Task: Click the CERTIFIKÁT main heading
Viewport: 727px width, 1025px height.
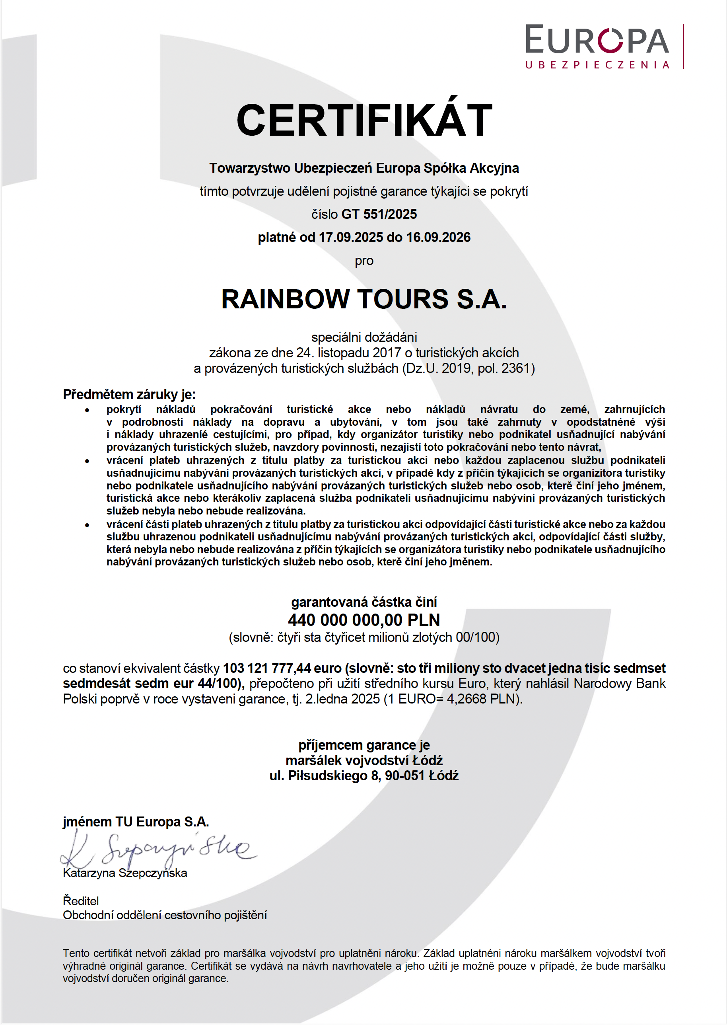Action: pos(364,121)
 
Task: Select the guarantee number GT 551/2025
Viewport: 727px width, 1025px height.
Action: pos(379,214)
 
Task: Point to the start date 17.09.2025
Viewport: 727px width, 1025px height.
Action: pos(350,237)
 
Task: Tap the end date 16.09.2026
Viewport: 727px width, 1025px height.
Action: pos(438,237)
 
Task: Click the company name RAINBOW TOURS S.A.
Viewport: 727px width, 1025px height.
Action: pos(364,299)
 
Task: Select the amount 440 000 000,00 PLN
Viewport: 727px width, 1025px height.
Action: pos(364,620)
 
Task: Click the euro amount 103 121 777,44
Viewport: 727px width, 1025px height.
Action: pos(267,668)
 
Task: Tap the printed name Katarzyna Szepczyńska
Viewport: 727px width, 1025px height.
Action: pos(125,873)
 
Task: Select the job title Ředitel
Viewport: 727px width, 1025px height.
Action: pos(81,900)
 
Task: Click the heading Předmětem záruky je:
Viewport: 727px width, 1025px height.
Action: pos(129,394)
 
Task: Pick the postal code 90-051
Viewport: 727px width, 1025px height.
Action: pos(405,776)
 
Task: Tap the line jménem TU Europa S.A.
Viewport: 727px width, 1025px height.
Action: pos(136,822)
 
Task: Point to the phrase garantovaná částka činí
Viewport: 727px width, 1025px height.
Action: pos(364,602)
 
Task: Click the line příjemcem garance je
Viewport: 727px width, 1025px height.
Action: pos(364,745)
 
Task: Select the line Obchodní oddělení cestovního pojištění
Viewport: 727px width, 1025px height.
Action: pos(165,915)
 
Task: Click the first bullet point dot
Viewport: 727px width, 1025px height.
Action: pos(87,410)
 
